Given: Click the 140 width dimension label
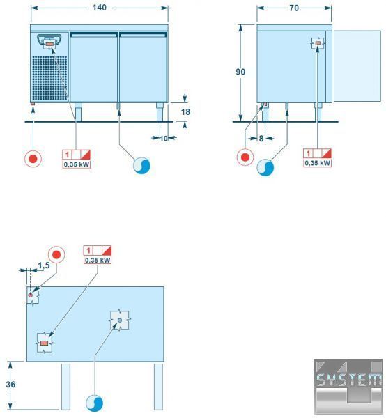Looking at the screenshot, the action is [100, 8].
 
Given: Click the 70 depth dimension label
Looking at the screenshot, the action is [294, 8].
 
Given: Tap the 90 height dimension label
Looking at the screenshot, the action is [240, 72].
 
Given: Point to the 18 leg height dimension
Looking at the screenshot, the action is [185, 111].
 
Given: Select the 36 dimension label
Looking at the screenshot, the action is [10, 384].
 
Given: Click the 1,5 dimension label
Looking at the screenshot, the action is [44, 265].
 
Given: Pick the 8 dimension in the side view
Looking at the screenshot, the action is [261, 139].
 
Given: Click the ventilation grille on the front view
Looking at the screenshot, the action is [50, 78].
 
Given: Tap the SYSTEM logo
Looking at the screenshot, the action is [348, 387].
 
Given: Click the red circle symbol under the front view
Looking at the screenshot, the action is [33, 159].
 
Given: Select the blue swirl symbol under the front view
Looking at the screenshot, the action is [141, 165].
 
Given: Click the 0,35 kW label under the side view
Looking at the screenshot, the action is [318, 163].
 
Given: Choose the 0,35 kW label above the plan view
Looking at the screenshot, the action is [98, 260].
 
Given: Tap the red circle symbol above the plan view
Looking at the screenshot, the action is [56, 254].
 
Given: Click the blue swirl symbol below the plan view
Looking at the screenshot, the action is [94, 403].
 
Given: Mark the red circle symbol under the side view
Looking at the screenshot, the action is [245, 157].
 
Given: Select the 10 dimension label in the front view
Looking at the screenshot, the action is [164, 139].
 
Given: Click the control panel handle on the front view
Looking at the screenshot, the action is [49, 40].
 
